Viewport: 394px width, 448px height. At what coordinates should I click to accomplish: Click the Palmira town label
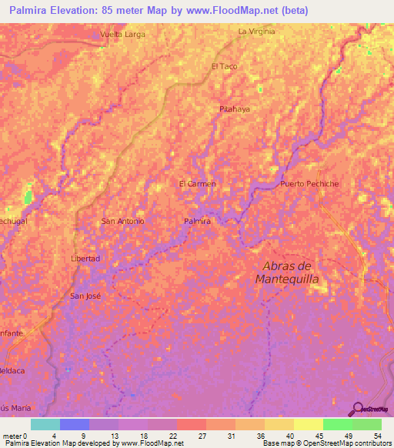198,221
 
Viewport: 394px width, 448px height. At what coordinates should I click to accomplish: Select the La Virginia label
256,32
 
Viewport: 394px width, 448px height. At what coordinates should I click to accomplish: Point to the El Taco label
224,66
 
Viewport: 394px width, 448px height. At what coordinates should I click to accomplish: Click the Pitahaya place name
235,109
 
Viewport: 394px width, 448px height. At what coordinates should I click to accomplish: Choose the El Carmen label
197,184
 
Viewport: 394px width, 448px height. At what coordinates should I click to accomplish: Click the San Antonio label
123,221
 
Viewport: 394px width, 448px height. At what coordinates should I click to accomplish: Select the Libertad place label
85,259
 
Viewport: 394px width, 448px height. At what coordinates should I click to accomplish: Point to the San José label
85,296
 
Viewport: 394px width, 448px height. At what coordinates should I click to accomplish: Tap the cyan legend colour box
45,424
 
